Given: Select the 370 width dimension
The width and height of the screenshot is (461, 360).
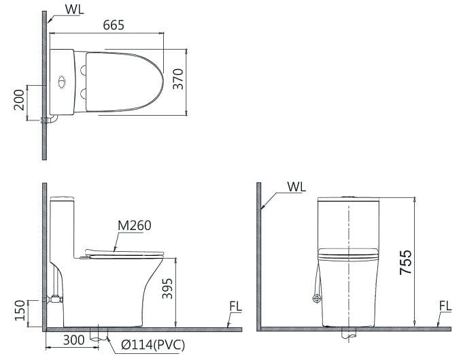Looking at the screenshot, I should point(178,80).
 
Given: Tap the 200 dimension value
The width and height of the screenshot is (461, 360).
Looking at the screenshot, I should point(19,103).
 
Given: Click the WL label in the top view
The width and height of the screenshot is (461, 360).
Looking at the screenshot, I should point(75,9).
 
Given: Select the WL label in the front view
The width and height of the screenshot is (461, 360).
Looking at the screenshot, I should point(296,186).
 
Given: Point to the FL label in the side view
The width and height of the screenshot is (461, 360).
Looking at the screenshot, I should point(235,307).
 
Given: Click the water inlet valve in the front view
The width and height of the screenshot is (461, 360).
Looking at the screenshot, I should point(315,298).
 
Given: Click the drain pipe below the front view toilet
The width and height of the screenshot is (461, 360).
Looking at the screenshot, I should point(348,335).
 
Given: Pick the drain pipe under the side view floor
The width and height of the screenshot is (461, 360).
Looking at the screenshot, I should point(99,336).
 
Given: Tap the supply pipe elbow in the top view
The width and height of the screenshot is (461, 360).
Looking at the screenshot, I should point(51,120).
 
